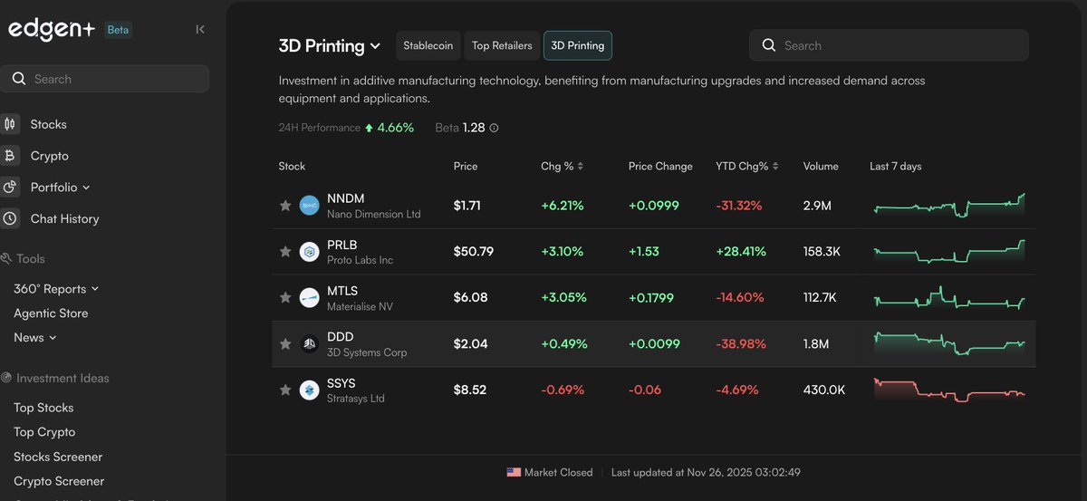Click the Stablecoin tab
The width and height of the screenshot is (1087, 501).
[x=428, y=45]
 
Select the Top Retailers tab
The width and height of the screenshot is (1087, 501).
[x=502, y=45]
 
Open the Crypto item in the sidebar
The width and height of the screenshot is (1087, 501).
[x=49, y=156]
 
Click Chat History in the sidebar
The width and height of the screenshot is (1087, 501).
[x=64, y=218]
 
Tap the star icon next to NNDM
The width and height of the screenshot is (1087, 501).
[x=285, y=206]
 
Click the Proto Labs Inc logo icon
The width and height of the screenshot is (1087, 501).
[x=310, y=252]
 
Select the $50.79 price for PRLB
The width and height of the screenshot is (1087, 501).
[x=473, y=251]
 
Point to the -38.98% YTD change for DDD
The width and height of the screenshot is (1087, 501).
[x=740, y=344]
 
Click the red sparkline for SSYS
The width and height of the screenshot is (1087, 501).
[x=949, y=390]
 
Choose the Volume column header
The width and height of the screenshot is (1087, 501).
[x=821, y=166]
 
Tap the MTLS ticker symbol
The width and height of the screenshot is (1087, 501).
[x=342, y=291]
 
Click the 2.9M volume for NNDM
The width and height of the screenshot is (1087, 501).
[x=817, y=206]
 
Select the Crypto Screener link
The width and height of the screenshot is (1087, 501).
[x=59, y=481]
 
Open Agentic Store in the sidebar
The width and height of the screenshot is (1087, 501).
[x=51, y=313]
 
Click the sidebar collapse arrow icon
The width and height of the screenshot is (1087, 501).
[x=200, y=29]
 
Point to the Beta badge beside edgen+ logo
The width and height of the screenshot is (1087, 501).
[x=119, y=29]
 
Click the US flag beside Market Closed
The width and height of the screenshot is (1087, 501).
[x=514, y=472]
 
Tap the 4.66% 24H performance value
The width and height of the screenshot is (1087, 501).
[x=395, y=128]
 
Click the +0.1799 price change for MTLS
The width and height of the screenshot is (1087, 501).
[x=654, y=297]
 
